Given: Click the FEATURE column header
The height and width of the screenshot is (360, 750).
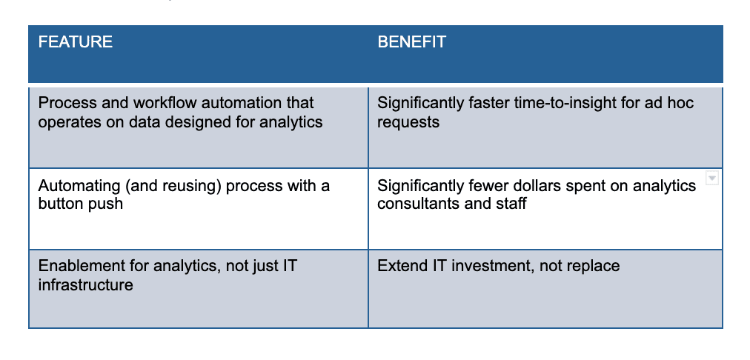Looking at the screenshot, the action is pyautogui.click(x=76, y=42).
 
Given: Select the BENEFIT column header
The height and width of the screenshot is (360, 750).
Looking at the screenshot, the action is pyautogui.click(x=412, y=42).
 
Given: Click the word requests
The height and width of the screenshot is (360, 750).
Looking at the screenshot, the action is pyautogui.click(x=408, y=122).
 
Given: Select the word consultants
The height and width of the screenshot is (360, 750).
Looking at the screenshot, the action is pyautogui.click(x=414, y=204).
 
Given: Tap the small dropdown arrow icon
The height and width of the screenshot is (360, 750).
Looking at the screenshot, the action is pyautogui.click(x=712, y=179).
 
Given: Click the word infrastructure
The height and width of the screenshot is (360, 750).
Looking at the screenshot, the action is pyautogui.click(x=86, y=285).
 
